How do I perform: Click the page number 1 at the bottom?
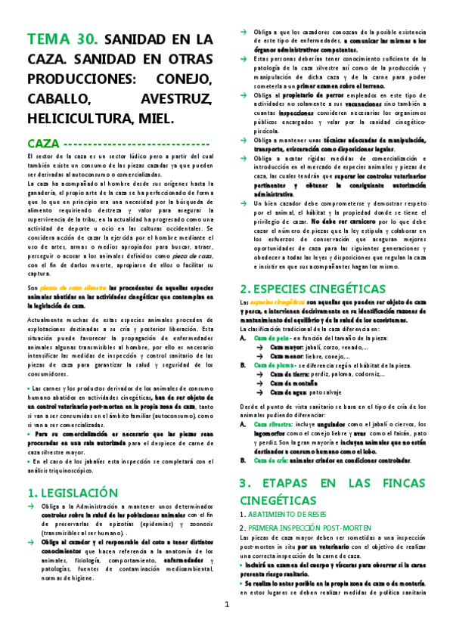(226, 625)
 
